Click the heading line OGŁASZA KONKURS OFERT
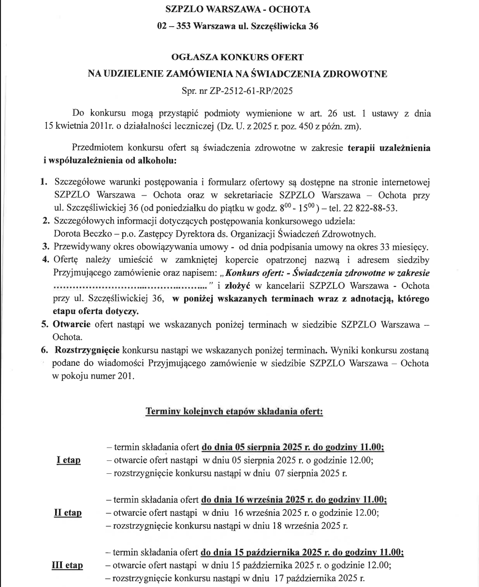[237, 58]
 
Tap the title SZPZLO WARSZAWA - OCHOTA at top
[237, 10]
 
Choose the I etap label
[68, 460]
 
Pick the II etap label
[68, 512]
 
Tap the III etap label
[67, 565]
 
